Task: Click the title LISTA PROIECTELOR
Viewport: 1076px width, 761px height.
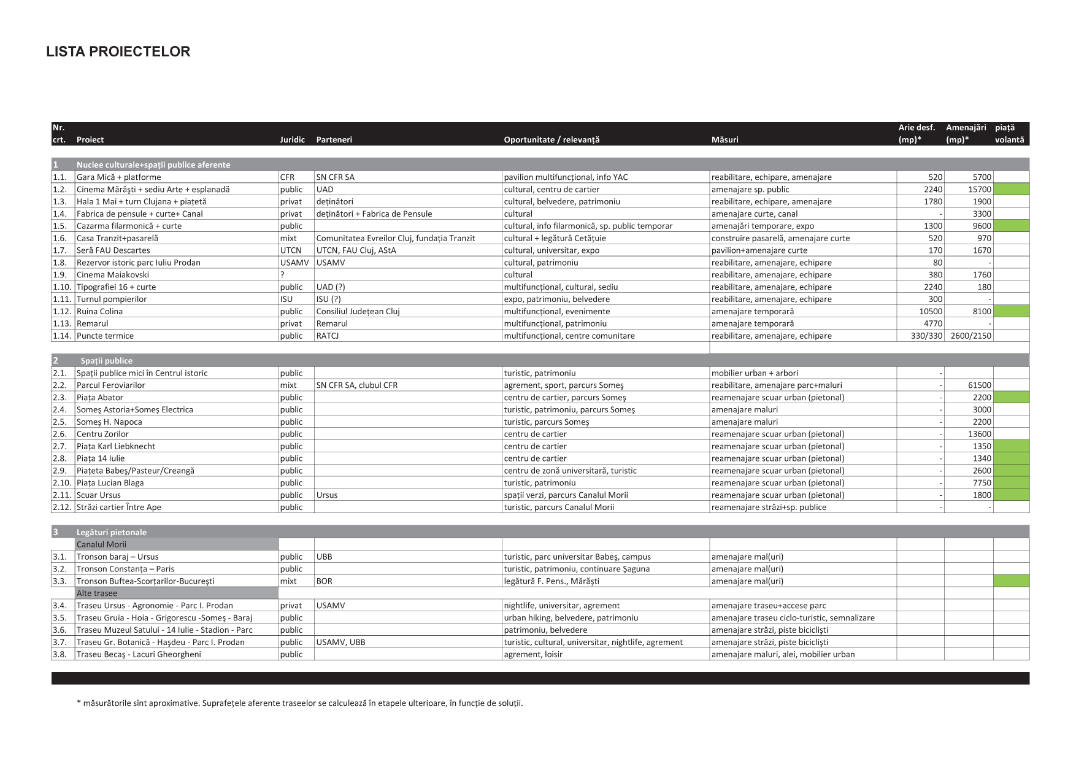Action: coord(118,52)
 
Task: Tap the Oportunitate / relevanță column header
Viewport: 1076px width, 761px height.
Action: coord(551,140)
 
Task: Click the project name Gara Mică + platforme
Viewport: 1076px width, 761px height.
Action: coord(118,177)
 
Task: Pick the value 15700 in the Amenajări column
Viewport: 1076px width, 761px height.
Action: coord(979,190)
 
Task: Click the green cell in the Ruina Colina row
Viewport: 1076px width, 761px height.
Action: coord(1011,312)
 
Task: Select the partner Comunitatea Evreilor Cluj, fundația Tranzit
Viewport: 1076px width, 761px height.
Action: coord(395,238)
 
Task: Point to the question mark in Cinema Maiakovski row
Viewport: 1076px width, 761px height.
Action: coord(282,275)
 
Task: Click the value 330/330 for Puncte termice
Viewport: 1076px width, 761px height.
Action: coord(927,336)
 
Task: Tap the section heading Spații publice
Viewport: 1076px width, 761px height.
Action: coord(106,361)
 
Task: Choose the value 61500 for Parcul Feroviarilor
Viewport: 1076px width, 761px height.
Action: coord(979,385)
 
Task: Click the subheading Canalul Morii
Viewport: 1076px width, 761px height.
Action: coord(101,544)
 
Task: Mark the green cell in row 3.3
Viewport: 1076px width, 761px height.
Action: coord(1011,581)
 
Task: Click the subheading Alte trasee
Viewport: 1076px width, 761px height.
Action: coord(97,593)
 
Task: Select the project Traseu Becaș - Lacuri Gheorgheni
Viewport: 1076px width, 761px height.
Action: coord(139,654)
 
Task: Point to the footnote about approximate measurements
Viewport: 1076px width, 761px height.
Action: coord(299,703)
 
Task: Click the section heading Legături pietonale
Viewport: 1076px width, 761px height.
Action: coord(112,532)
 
